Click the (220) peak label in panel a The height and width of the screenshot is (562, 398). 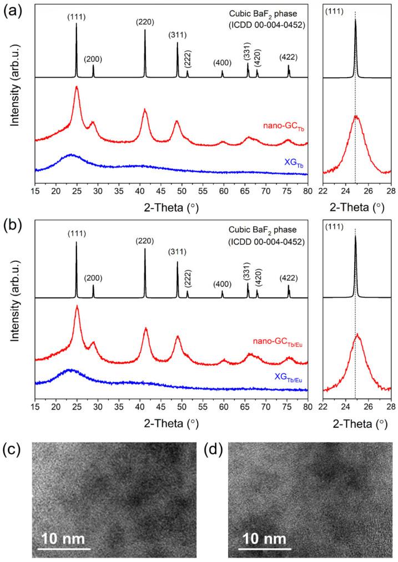[x=145, y=22]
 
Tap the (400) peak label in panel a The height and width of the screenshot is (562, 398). [x=222, y=62]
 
